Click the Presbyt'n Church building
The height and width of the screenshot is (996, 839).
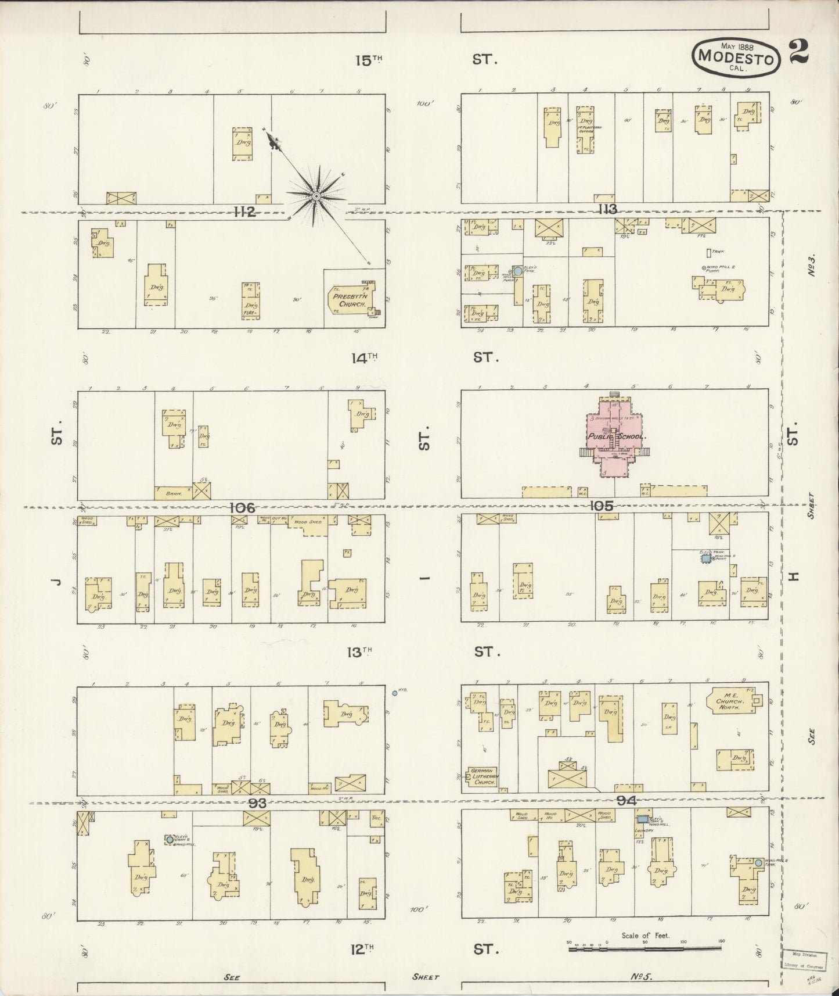pos(350,300)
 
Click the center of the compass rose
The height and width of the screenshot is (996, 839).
pos(316,197)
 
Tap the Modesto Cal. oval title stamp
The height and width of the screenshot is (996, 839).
pos(735,56)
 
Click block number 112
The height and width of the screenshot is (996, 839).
pos(244,212)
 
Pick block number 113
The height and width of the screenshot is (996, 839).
pos(608,210)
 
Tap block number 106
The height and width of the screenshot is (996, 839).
pos(242,508)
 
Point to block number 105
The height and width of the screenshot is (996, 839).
pos(600,506)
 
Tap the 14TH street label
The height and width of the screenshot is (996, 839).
pos(364,358)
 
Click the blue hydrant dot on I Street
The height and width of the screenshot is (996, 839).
pos(395,693)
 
